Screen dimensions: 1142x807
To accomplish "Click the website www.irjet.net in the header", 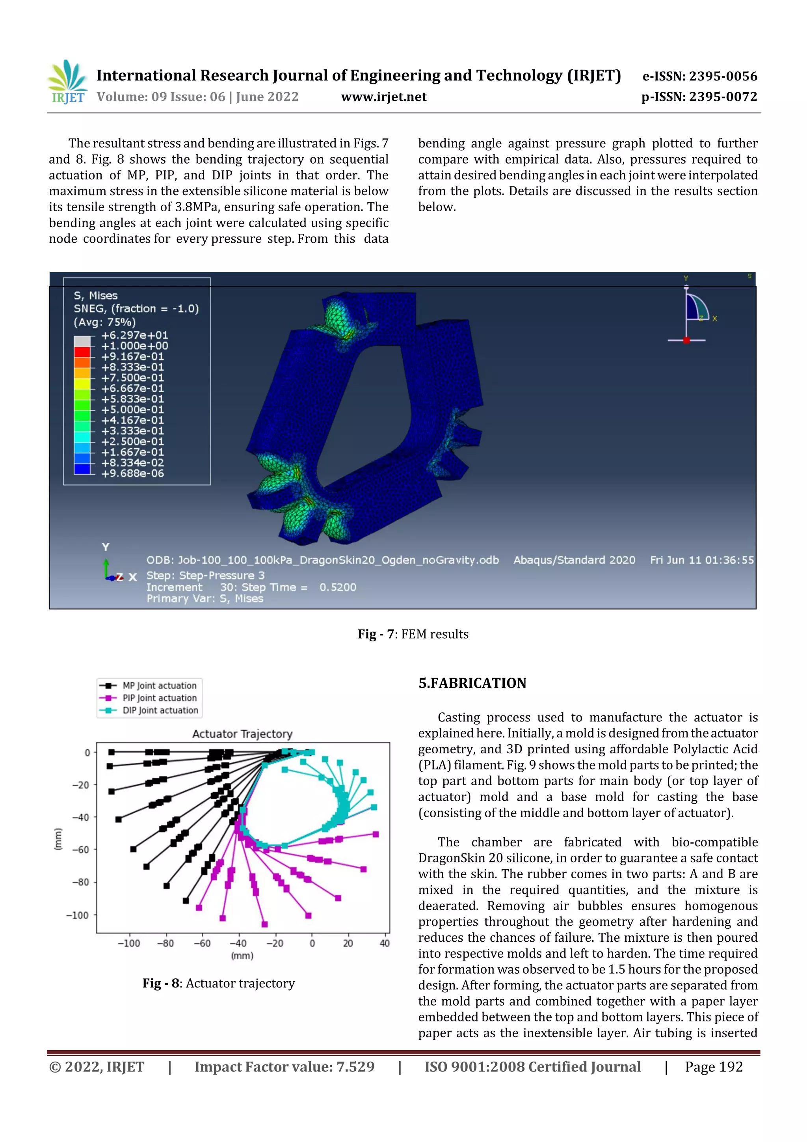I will pyautogui.click(x=383, y=97).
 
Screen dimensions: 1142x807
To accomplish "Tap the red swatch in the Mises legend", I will pyautogui.click(x=82, y=352).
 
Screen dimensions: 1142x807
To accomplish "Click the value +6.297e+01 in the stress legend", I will pyautogui.click(x=134, y=335).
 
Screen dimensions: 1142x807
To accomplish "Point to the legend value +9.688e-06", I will pyautogui.click(x=132, y=473).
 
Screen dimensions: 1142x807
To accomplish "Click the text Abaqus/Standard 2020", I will pyautogui.click(x=574, y=560).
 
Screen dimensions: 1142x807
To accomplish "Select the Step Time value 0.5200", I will pyautogui.click(x=338, y=587).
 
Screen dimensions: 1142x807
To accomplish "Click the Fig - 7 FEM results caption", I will pyautogui.click(x=413, y=634).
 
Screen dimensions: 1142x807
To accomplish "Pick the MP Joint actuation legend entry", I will pyautogui.click(x=159, y=686).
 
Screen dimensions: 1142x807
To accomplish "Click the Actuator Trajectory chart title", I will pyautogui.click(x=242, y=734).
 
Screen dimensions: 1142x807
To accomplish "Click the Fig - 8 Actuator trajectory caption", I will pyautogui.click(x=218, y=983).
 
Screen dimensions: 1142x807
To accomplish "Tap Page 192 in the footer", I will pyautogui.click(x=713, y=1067).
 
